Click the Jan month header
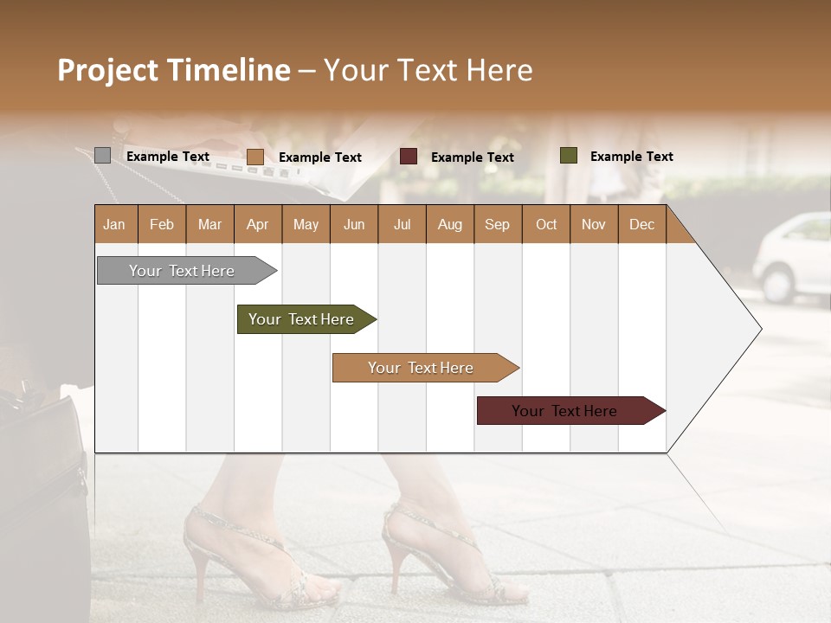point(114,224)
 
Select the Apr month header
point(257,224)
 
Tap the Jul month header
point(402,224)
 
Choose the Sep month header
point(497,224)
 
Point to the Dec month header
point(641,224)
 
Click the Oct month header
point(546,224)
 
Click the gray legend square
point(102,156)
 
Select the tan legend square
point(254,157)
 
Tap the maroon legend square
point(409,157)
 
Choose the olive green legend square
point(568,156)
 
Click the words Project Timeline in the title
point(174,70)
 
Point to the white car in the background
point(792,257)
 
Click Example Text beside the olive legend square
point(631,156)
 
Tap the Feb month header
point(161,224)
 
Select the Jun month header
point(353,224)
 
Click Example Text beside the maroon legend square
point(472,157)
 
